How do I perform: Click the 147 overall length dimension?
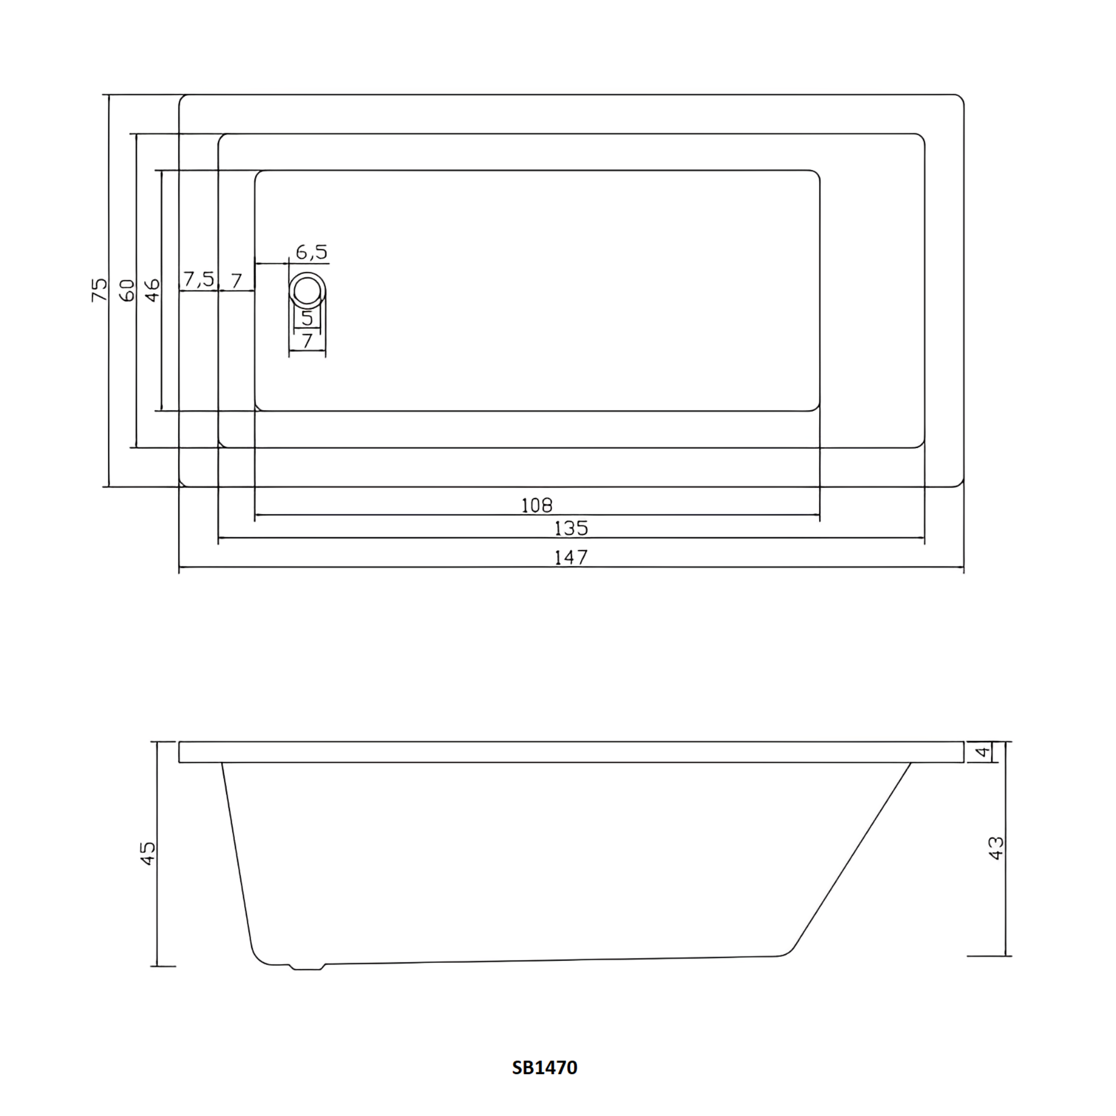point(571,557)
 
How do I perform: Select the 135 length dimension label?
point(571,528)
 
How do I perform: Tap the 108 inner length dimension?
point(537,506)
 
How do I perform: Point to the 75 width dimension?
point(100,289)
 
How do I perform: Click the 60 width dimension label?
point(127,290)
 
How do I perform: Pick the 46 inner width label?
point(153,290)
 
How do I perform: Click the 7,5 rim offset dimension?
point(199,280)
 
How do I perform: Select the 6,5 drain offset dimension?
point(311,252)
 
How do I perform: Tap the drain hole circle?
point(307,290)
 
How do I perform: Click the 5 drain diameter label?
point(307,318)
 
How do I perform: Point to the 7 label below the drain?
point(307,341)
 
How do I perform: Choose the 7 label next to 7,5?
point(236,281)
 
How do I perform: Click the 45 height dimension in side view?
point(148,853)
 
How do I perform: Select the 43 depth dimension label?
point(997,848)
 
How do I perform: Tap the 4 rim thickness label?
point(982,753)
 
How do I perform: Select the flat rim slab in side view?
point(571,752)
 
